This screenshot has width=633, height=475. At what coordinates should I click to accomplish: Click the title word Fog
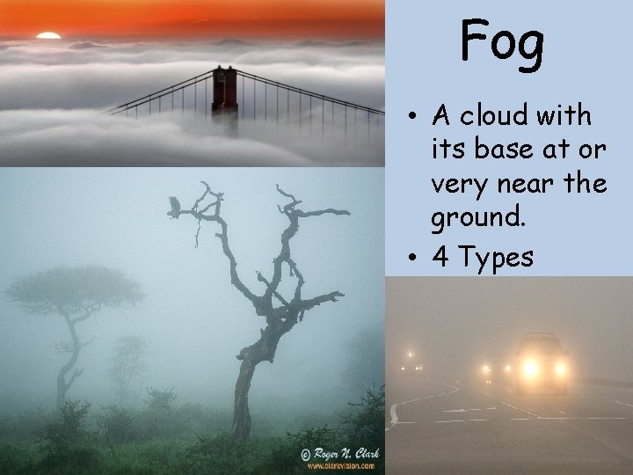503,42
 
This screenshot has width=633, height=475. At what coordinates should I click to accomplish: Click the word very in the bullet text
458,185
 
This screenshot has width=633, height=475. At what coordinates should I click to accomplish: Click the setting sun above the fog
48,35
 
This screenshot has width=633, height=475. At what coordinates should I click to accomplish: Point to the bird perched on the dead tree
174,207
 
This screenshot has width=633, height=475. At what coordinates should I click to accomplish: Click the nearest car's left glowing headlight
527,366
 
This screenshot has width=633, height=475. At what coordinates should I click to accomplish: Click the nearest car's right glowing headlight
561,366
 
